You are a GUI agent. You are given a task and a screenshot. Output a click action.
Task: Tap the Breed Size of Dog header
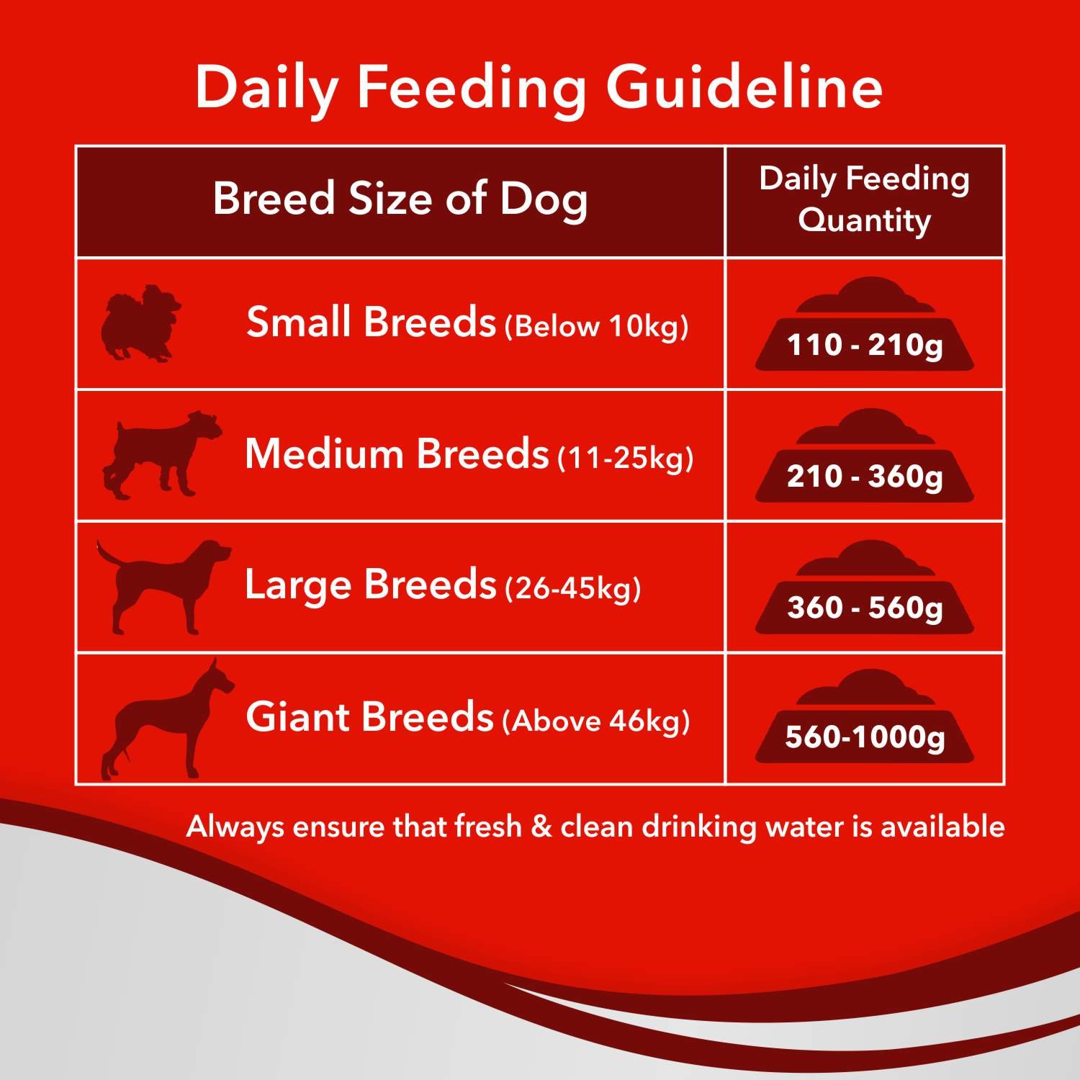[x=400, y=199]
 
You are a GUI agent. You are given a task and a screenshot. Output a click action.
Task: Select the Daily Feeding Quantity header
[x=864, y=199]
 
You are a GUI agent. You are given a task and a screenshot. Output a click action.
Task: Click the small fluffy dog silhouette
[x=140, y=323]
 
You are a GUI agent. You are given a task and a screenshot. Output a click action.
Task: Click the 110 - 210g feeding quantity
[x=864, y=345]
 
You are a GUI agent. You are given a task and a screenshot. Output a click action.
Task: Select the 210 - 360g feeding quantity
[x=864, y=477]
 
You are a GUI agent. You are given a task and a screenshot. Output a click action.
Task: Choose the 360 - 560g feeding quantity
[x=864, y=608]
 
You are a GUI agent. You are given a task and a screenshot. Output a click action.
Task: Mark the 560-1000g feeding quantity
[x=864, y=737]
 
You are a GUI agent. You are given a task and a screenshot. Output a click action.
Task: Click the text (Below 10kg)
[x=597, y=326]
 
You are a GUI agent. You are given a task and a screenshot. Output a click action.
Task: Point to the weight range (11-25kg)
[x=626, y=458]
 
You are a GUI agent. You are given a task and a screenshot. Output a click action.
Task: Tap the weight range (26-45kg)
[x=573, y=589]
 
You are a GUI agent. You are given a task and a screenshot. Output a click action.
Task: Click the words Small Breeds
[x=371, y=322]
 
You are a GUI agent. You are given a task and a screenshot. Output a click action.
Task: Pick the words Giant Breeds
[x=369, y=717]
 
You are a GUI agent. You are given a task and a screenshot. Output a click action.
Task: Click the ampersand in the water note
[x=541, y=827]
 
